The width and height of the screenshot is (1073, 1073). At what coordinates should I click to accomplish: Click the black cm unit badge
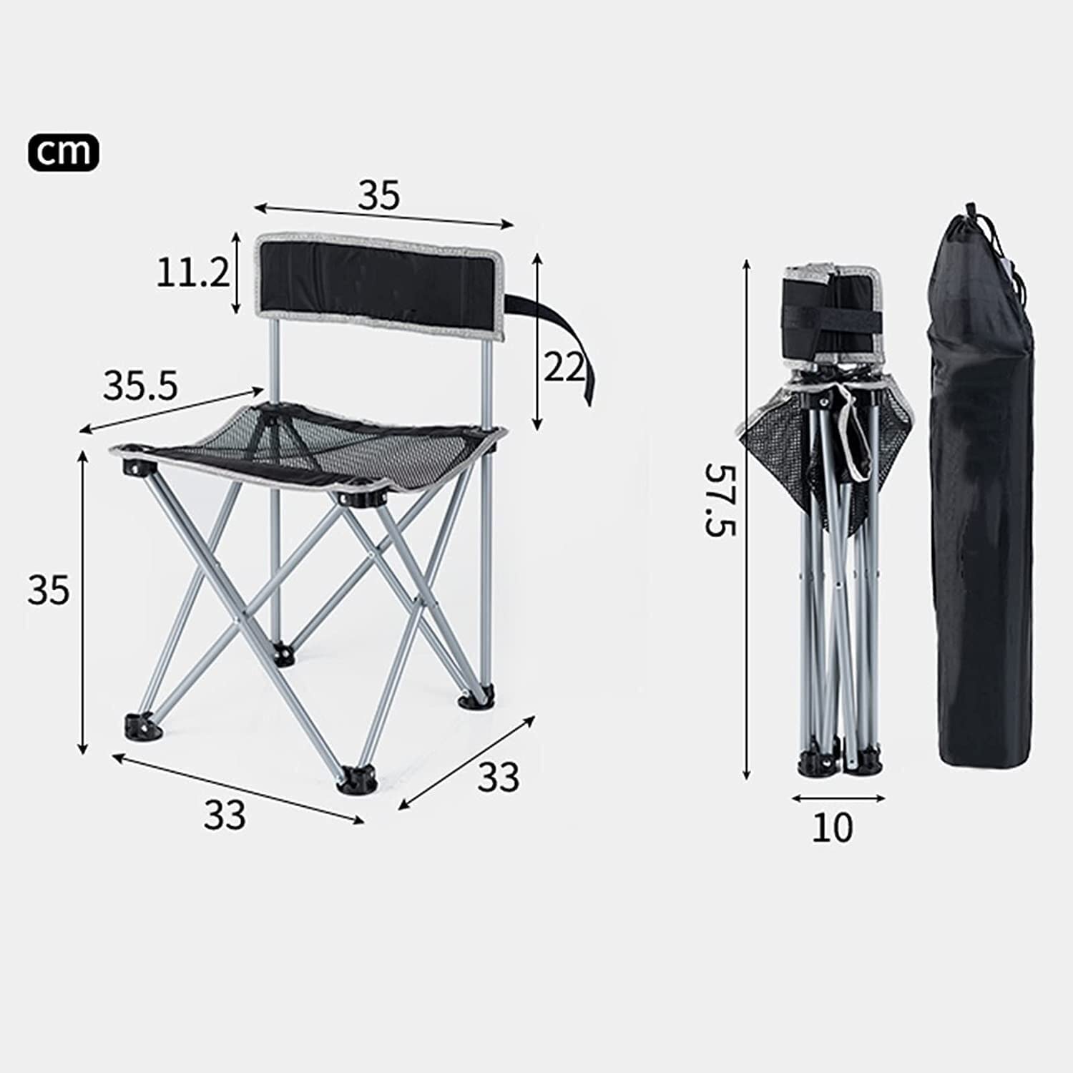click(x=64, y=152)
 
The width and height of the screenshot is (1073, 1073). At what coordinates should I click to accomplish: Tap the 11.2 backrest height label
click(x=192, y=273)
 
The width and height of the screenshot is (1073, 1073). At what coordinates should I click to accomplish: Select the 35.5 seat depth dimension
click(x=140, y=387)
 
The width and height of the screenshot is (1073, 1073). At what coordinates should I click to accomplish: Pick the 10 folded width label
click(x=833, y=828)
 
